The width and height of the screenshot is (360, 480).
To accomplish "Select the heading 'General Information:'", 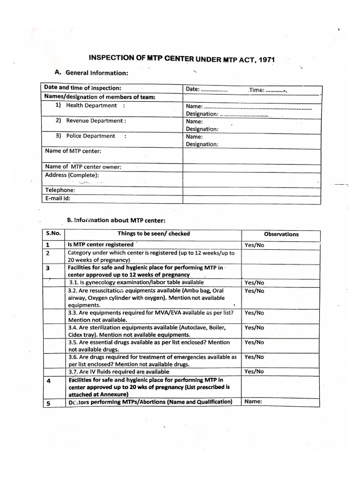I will [x=97, y=73].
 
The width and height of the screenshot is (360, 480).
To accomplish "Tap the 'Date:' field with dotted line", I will [x=207, y=90].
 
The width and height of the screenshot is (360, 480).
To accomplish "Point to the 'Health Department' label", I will [x=91, y=105].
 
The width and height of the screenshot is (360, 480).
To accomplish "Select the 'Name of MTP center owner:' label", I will [x=83, y=166].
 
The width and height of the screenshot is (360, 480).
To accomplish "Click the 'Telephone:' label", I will [x=60, y=190].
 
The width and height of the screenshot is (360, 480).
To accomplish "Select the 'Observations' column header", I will [x=281, y=234].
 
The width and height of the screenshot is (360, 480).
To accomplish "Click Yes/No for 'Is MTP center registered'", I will [x=254, y=245].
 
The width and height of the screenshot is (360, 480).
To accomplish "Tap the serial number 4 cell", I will [x=49, y=381].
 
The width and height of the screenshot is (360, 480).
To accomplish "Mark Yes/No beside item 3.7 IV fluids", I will [x=254, y=371].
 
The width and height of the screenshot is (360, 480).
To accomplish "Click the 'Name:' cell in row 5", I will [x=252, y=402].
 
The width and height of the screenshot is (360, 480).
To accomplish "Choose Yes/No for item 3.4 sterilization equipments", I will [x=254, y=328].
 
